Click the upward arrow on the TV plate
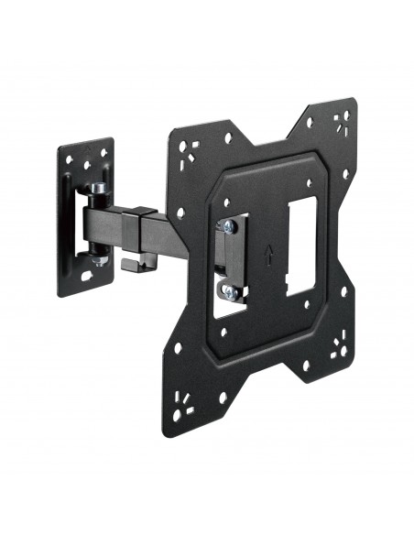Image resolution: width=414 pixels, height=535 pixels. tap(267, 249)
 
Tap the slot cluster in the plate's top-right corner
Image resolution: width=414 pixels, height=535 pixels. tap(343, 120)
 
